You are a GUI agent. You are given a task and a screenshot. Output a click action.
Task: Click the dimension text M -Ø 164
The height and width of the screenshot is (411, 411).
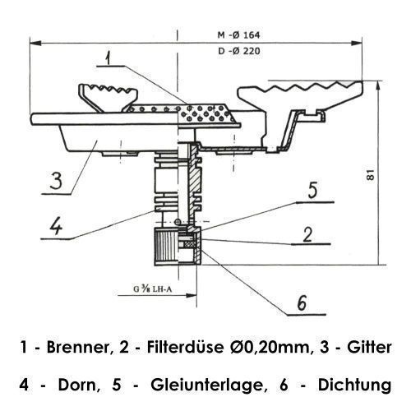pyautogui.click(x=238, y=35)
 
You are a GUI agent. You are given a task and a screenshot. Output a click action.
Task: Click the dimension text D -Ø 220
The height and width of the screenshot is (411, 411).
pyautogui.click(x=239, y=51)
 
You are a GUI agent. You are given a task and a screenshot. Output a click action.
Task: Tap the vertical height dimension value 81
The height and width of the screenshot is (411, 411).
pyautogui.click(x=371, y=174)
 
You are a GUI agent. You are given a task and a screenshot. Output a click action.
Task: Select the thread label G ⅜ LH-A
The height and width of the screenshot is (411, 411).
pyautogui.click(x=153, y=289)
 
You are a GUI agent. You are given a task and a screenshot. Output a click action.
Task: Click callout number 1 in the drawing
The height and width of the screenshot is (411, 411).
pyautogui.click(x=109, y=58)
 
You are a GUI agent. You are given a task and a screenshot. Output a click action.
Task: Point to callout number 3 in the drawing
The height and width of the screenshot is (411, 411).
pyautogui.click(x=56, y=180)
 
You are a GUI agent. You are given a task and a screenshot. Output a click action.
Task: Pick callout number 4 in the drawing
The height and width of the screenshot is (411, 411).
pyautogui.click(x=56, y=226)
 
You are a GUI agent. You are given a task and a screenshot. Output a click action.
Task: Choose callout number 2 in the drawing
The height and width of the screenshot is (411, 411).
pyautogui.click(x=307, y=234)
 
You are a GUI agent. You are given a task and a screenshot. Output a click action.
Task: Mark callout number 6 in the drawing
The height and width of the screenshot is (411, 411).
pyautogui.click(x=302, y=303)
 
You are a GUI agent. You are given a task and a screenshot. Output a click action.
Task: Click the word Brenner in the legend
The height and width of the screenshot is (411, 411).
pyautogui.click(x=80, y=347)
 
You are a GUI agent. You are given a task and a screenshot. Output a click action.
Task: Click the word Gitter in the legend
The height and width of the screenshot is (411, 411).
pyautogui.click(x=369, y=347)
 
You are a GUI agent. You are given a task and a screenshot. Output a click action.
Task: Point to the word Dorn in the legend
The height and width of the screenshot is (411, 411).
pyautogui.click(x=78, y=385)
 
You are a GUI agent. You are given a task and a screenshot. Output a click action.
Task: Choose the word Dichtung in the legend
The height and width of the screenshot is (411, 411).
pyautogui.click(x=354, y=386)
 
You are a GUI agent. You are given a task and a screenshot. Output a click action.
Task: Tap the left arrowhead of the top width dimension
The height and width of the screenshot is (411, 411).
pyautogui.click(x=35, y=43)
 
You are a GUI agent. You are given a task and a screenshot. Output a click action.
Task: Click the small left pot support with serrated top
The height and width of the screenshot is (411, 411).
pyautogui.click(x=108, y=96)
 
